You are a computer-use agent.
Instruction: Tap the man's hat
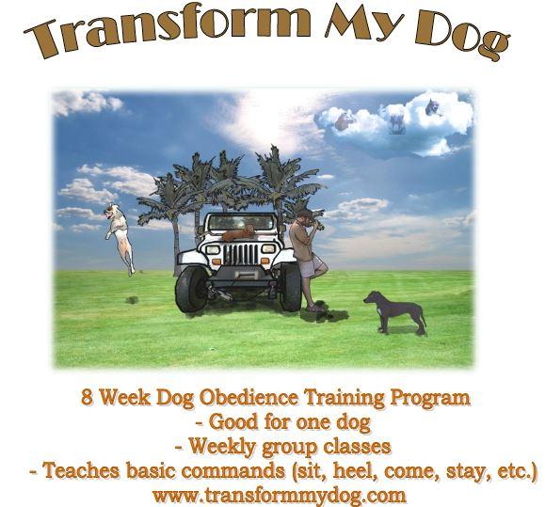click(307, 214)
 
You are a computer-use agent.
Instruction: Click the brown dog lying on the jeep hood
click(238, 233)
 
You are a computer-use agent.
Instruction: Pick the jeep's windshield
click(241, 222)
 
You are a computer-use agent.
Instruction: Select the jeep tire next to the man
click(290, 287)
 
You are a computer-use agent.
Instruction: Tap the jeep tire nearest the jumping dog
click(192, 289)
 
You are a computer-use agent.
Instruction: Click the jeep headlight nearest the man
click(268, 248)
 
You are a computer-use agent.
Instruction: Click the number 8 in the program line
click(87, 397)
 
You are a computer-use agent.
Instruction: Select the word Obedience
click(248, 397)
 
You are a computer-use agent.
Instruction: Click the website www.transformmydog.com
click(280, 495)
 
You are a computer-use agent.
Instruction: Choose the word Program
click(430, 398)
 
